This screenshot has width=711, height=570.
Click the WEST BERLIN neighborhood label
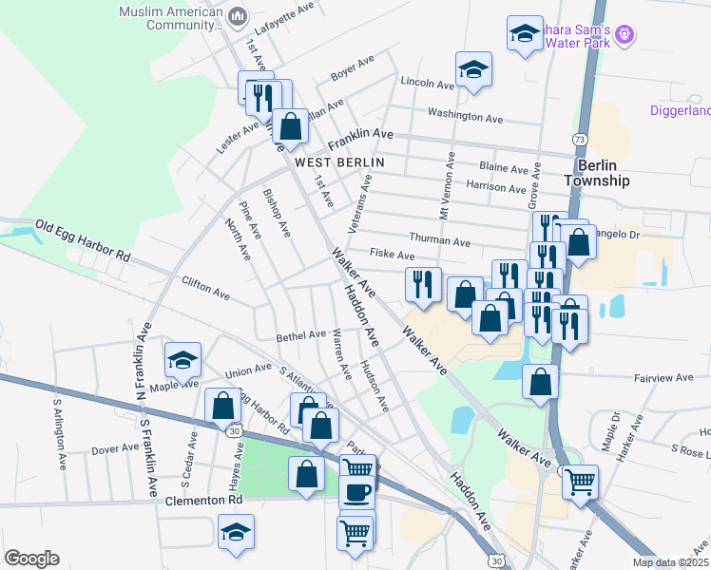(339, 162)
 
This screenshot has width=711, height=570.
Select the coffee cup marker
(357, 492)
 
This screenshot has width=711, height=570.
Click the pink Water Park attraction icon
(624, 34)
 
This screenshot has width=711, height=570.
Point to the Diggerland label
(680, 111)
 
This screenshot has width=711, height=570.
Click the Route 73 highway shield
(579, 140)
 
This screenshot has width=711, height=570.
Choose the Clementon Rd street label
(204, 500)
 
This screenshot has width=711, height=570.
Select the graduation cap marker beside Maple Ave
(183, 359)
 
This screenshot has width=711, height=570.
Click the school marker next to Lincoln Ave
(472, 69)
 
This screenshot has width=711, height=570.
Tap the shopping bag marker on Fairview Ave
(540, 382)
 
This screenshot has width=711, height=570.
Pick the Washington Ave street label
(465, 118)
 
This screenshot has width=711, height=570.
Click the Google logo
(31, 558)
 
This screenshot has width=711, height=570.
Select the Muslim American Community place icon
(238, 15)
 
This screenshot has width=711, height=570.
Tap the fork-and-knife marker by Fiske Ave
(423, 283)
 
